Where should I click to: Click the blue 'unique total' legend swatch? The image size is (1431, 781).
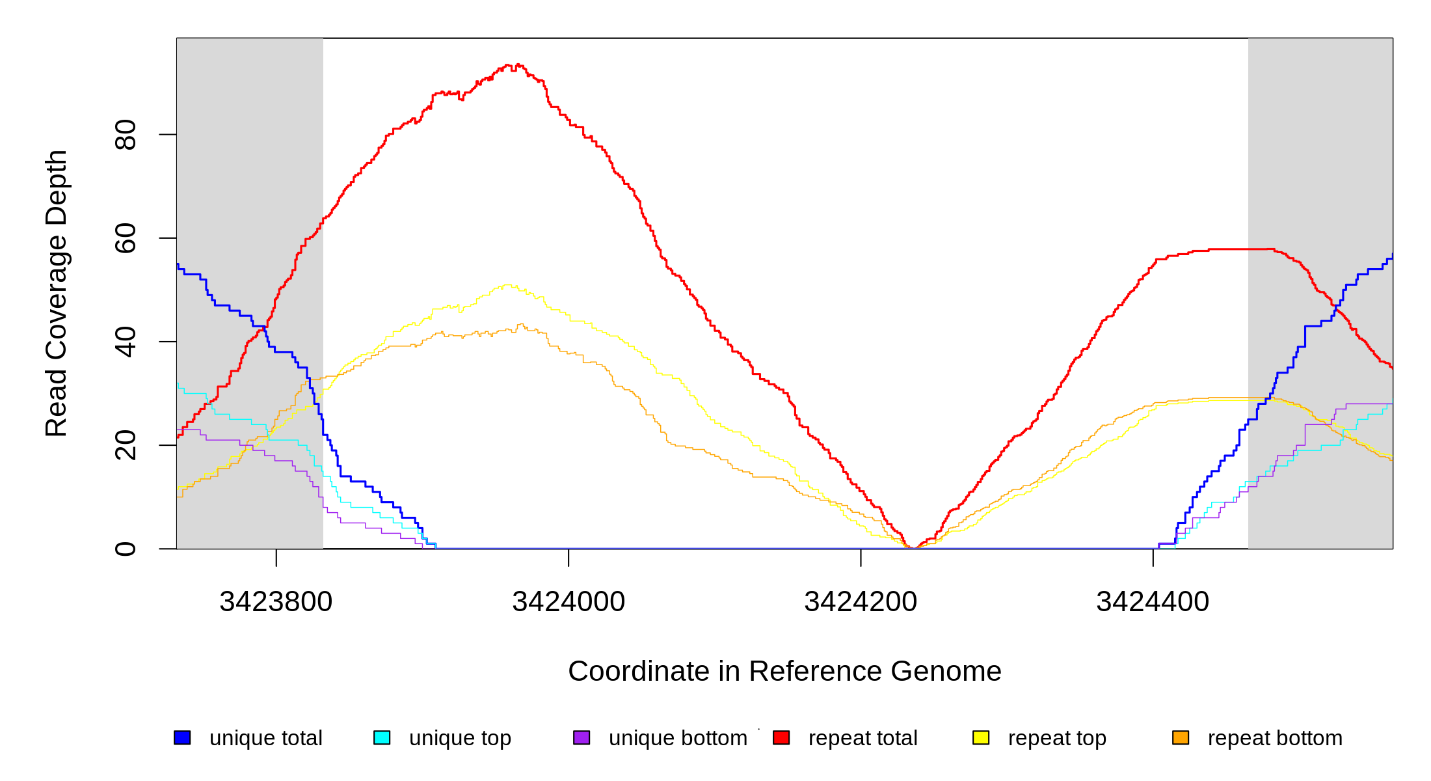(182, 738)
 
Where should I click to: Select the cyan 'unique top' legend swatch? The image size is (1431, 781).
(382, 738)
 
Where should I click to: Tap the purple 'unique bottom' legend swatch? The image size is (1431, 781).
(582, 738)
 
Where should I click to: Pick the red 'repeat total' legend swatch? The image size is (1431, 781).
(781, 738)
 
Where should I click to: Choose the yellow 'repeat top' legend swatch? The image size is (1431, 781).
(981, 738)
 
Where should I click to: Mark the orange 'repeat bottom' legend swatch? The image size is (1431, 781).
(1181, 738)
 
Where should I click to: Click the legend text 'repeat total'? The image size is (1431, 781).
(863, 738)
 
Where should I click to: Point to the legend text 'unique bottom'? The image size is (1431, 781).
(678, 738)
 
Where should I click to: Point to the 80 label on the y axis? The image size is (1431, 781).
(126, 135)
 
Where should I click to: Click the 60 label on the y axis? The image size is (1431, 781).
(126, 238)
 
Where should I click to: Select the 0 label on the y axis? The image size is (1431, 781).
(126, 549)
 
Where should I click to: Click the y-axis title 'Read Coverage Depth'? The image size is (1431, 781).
(57, 293)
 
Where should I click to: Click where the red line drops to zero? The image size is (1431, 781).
(913, 548)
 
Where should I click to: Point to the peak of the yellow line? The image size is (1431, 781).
(508, 285)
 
